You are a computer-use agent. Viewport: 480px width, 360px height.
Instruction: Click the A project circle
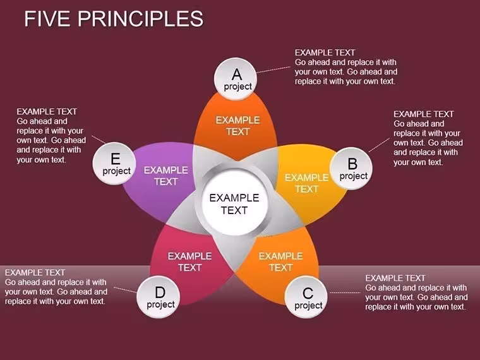pyautogui.click(x=236, y=79)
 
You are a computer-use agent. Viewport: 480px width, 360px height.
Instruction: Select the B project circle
pyautogui.click(x=351, y=169)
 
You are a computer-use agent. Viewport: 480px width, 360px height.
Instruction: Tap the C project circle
pyautogui.click(x=306, y=297)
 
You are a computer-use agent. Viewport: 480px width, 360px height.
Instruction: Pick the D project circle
pyautogui.click(x=159, y=296)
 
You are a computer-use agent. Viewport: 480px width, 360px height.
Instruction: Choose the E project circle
pyautogui.click(x=114, y=163)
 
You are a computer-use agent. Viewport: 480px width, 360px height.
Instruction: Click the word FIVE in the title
pyautogui.click(x=47, y=18)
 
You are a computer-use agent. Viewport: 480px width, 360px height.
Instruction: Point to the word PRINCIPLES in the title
pyautogui.click(x=140, y=18)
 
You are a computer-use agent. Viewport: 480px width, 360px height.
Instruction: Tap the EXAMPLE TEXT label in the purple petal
pyautogui.click(x=166, y=176)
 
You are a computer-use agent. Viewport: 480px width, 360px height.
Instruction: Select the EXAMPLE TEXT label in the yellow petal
pyautogui.click(x=307, y=183)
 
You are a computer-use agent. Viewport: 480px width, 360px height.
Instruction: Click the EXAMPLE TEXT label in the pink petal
pyautogui.click(x=190, y=261)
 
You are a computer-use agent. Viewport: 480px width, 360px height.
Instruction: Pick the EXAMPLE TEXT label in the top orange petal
pyautogui.click(x=238, y=126)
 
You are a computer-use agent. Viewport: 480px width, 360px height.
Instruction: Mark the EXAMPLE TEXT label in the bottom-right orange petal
pyautogui.click(x=281, y=261)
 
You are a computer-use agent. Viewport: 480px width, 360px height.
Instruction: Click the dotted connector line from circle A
pyautogui.click(x=273, y=70)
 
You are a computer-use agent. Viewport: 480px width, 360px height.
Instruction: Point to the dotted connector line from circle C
pyautogui.click(x=345, y=293)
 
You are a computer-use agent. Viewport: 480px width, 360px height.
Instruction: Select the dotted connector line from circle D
pyautogui.click(x=125, y=290)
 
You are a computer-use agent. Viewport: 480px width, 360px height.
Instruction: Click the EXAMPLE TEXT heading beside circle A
pyautogui.click(x=325, y=52)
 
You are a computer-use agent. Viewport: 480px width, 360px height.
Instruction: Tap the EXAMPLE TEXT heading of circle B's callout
pyautogui.click(x=424, y=114)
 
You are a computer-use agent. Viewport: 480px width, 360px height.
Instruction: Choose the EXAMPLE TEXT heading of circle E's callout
pyautogui.click(x=47, y=111)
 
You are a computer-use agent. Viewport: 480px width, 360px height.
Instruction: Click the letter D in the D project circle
pyautogui.click(x=160, y=292)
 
